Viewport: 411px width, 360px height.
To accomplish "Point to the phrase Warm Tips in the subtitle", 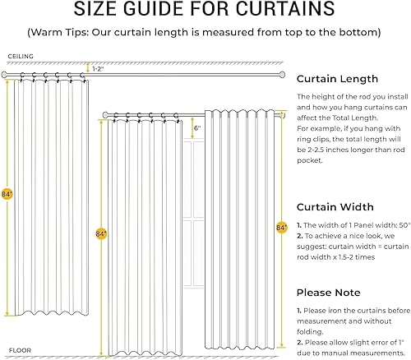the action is (80, 33).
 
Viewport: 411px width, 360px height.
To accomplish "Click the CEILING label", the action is (21, 57).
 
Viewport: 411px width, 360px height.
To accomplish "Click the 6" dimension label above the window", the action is (197, 129).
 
